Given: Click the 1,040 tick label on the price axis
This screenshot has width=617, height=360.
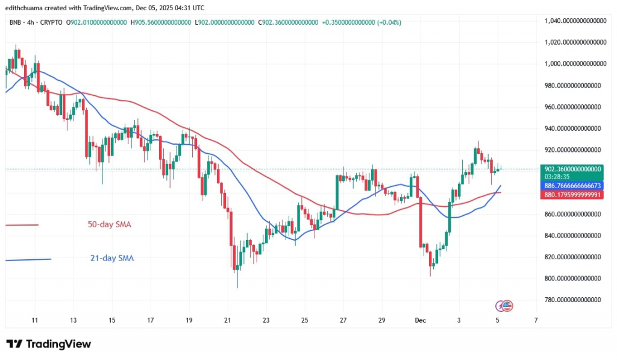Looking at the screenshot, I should point(573,21).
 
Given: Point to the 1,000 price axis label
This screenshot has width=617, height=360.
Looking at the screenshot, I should point(573,63).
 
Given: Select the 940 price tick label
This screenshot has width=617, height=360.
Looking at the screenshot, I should point(573,128).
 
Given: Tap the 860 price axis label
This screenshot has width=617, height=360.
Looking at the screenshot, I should point(573,214).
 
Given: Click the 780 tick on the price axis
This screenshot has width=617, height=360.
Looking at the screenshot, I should point(573,300).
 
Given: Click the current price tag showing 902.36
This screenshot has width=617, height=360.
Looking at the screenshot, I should point(573,169).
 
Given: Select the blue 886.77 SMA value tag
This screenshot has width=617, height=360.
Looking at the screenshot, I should point(573,186).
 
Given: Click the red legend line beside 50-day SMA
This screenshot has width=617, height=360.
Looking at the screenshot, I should point(22,225).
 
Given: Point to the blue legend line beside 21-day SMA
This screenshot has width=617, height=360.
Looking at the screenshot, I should point(28,259).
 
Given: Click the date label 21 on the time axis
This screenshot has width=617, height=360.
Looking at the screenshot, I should point(227,320).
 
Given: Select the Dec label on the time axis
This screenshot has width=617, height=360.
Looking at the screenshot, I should point(421,320).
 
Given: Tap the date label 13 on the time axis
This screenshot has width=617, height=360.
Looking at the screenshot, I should point(73,320).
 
